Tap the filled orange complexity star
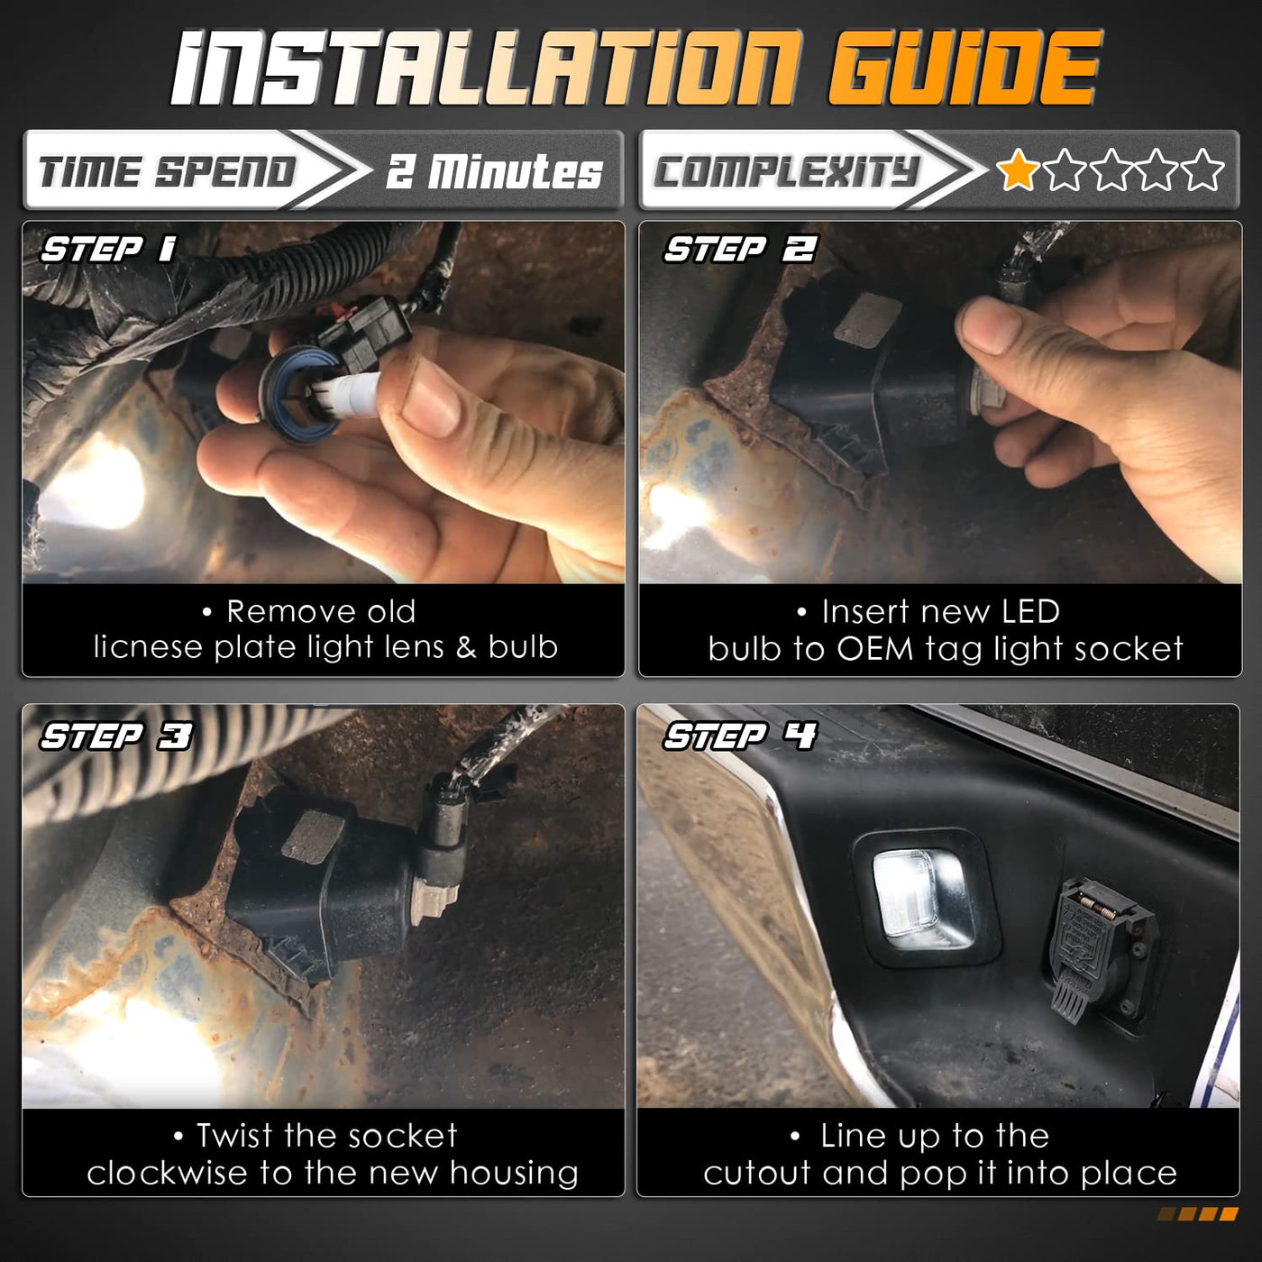[x=1017, y=169]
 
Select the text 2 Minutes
[x=494, y=171]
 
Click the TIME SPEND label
[x=167, y=171]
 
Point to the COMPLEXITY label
[x=785, y=171]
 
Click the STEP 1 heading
[x=108, y=249]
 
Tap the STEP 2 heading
[x=740, y=249]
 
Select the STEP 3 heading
[x=116, y=736]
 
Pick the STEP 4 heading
[x=740, y=736]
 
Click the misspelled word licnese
[x=149, y=647]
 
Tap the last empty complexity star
[x=1203, y=169]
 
